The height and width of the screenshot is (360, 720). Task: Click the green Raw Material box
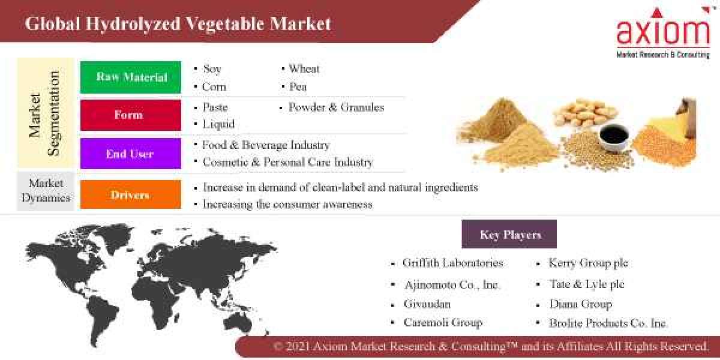pyautogui.click(x=131, y=77)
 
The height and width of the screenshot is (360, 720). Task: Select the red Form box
pyautogui.click(x=131, y=115)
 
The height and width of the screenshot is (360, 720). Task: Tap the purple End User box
pyautogui.click(x=131, y=154)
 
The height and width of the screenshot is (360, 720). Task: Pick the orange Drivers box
pyautogui.click(x=131, y=195)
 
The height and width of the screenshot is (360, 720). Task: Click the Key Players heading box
pyautogui.click(x=509, y=235)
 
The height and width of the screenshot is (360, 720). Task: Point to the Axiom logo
pyautogui.click(x=663, y=34)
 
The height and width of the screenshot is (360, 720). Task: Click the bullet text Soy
pyautogui.click(x=212, y=69)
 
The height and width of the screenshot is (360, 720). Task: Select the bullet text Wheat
pyautogui.click(x=304, y=69)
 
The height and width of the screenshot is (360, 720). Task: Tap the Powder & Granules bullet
pyautogui.click(x=336, y=107)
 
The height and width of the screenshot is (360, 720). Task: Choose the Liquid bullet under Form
pyautogui.click(x=218, y=124)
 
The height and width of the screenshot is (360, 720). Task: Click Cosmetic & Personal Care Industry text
pyautogui.click(x=287, y=162)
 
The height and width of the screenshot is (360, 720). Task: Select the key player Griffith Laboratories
pyautogui.click(x=453, y=263)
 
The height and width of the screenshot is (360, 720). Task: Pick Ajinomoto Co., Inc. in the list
pyautogui.click(x=452, y=285)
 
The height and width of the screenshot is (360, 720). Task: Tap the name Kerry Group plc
pyautogui.click(x=588, y=263)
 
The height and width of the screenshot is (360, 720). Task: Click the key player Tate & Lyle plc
pyautogui.click(x=587, y=284)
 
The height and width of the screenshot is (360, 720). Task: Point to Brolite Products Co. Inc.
pyautogui.click(x=608, y=323)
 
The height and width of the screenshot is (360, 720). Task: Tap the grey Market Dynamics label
pyautogui.click(x=46, y=191)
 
